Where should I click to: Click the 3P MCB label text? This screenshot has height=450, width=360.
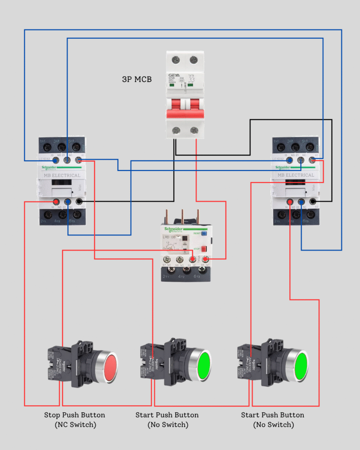point(137,80)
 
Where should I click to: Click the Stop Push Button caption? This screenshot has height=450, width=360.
point(74,415)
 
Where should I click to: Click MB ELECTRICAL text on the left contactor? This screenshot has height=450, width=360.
point(62,175)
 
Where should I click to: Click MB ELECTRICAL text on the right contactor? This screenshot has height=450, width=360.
point(295,175)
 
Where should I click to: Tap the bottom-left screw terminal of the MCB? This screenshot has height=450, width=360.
point(176,130)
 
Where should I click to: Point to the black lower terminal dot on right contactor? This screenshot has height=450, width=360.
point(313,202)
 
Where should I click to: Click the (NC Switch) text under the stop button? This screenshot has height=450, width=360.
point(75,425)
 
